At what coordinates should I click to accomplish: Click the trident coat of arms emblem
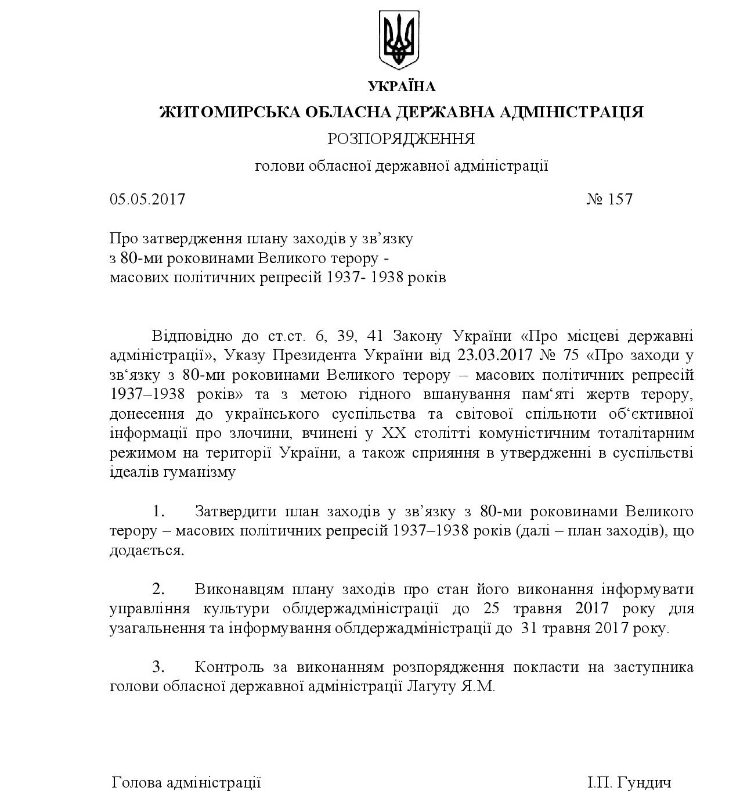(398, 39)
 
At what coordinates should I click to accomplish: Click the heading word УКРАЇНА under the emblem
(401, 87)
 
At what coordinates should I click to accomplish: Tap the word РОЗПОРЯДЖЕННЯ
(401, 139)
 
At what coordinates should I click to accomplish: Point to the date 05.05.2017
(147, 199)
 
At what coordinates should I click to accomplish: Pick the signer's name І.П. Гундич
(629, 782)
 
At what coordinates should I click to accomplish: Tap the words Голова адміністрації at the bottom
(186, 782)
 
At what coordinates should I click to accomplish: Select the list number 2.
(159, 589)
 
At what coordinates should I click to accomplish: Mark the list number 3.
(159, 667)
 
